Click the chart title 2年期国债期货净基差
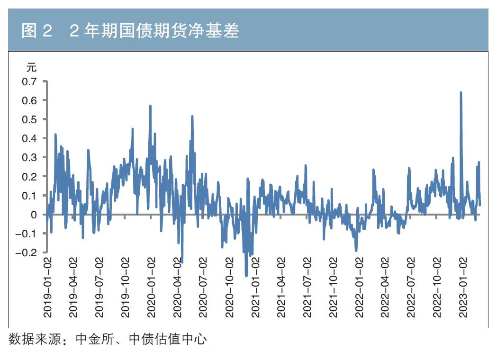click(130, 31)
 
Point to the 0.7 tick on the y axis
click(29, 81)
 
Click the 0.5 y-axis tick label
click(29, 119)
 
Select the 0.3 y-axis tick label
click(29, 157)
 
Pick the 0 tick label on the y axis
click(34, 214)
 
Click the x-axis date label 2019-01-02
click(47, 287)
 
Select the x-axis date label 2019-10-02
click(126, 287)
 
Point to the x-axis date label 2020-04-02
click(178, 287)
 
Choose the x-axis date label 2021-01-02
click(256, 287)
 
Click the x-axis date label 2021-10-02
click(334, 287)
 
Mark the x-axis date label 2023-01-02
click(464, 287)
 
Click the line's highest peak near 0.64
click(461, 93)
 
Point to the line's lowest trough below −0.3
click(246, 275)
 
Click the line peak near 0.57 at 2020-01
click(150, 106)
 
